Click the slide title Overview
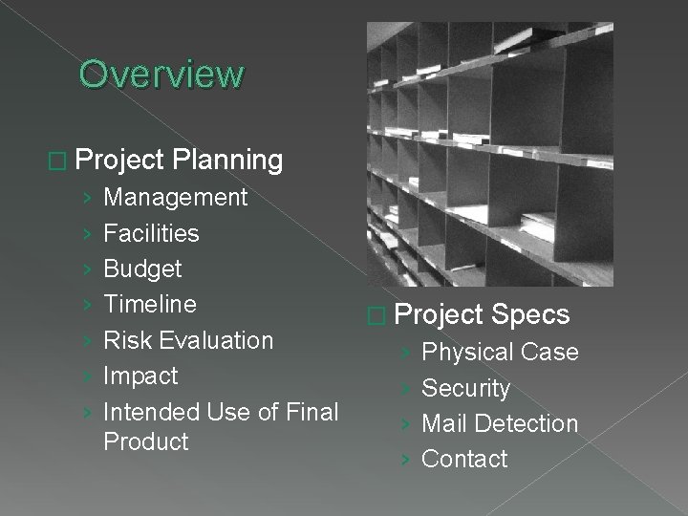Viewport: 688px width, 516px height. tap(161, 73)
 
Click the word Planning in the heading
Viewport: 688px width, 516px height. tap(228, 160)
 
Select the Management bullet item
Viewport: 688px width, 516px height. tap(175, 198)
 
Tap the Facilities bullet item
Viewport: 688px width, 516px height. tap(151, 233)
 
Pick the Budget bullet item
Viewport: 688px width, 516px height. tap(141, 269)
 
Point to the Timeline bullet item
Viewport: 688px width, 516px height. tap(149, 305)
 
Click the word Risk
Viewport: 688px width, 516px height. tap(125, 340)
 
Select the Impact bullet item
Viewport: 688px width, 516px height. tap(140, 376)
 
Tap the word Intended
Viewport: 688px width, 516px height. tap(149, 412)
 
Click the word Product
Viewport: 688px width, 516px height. tap(145, 441)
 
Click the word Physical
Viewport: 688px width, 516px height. tap(462, 353)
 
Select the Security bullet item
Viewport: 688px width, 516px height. tap(465, 388)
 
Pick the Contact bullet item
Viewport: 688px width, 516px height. tap(464, 459)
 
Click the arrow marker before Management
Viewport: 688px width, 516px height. tap(87, 199)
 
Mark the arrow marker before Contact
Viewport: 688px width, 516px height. tap(405, 460)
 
